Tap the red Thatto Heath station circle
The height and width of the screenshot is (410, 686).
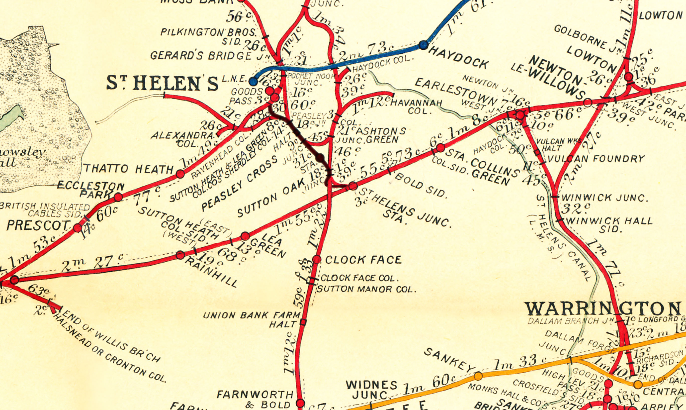(180, 174)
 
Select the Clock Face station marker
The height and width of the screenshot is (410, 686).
(317, 259)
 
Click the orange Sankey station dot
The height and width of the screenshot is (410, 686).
(478, 376)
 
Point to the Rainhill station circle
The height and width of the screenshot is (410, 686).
(180, 255)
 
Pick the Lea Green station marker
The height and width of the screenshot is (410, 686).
(245, 236)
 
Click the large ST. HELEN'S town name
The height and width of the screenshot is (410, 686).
(162, 84)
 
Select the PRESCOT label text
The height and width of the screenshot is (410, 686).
(38, 226)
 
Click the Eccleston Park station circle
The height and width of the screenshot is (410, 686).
(118, 197)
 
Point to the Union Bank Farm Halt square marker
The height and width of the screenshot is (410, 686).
(303, 322)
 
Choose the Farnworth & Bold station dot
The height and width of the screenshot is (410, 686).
(300, 403)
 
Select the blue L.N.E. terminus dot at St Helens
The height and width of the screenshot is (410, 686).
(253, 81)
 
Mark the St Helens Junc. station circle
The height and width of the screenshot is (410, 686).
(353, 186)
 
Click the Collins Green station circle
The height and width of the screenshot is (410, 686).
(440, 148)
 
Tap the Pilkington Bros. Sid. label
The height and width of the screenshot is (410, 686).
(208, 36)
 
